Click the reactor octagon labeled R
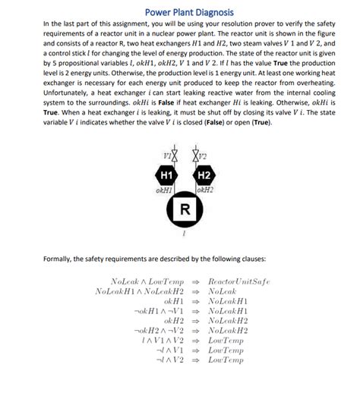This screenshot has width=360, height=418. click(184, 209)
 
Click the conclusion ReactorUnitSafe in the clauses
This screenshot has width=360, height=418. click(239, 281)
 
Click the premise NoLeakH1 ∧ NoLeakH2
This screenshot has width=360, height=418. click(140, 291)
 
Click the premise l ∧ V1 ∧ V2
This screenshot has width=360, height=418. click(163, 341)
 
